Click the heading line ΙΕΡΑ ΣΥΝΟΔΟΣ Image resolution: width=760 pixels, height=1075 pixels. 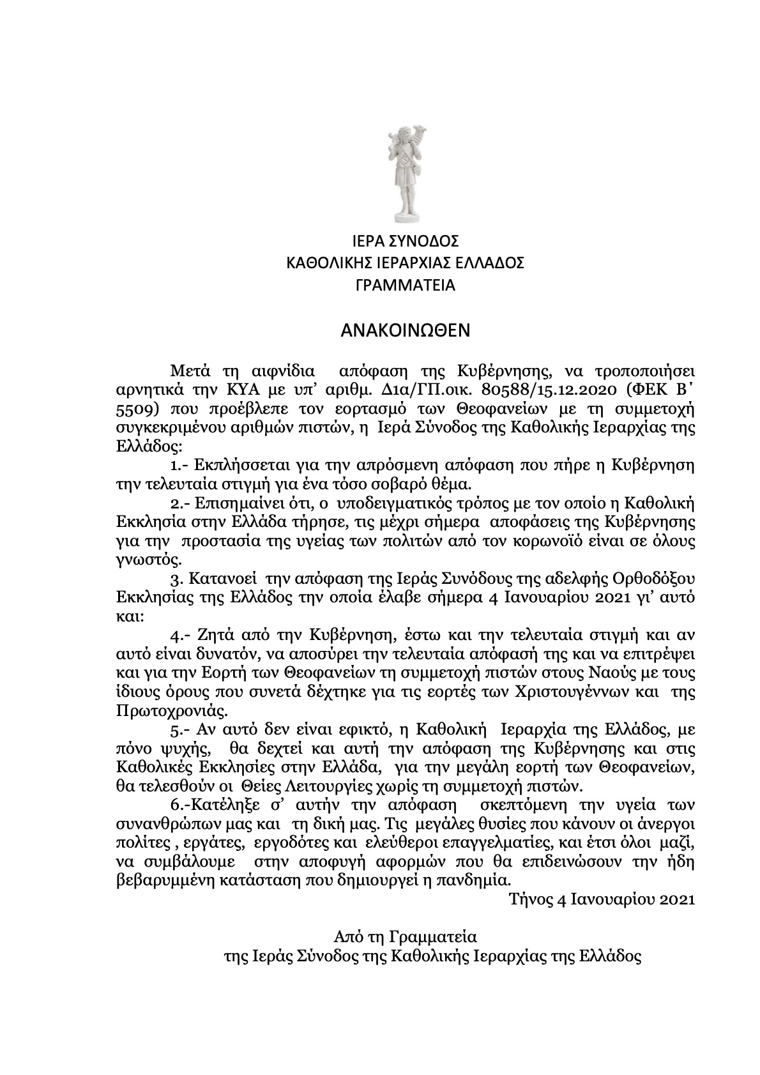point(406,241)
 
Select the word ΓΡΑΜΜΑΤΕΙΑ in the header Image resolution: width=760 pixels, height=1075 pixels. point(406,286)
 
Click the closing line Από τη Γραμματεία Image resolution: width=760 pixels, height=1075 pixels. point(406,937)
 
